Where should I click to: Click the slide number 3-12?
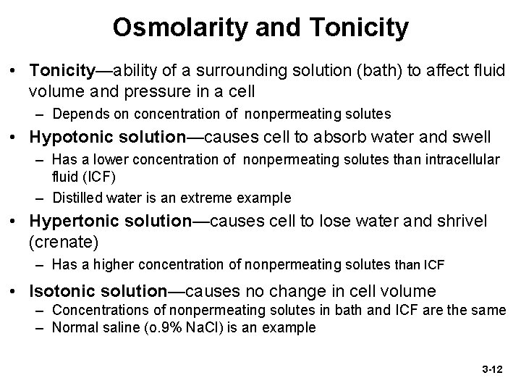click(491, 369)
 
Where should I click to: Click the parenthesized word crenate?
click(62, 240)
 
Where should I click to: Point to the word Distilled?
click(77, 197)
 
